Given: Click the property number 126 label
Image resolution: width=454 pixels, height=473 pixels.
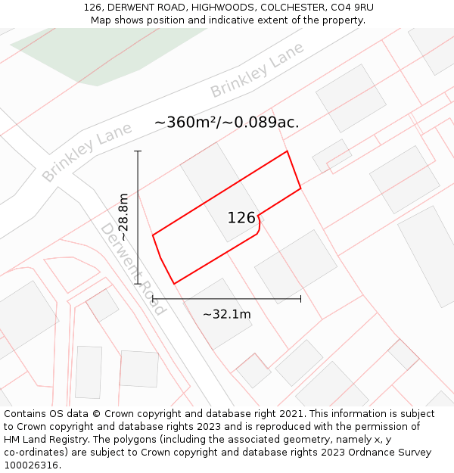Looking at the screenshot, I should pyautogui.click(x=241, y=218).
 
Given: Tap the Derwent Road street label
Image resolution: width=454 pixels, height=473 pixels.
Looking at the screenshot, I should pyautogui.click(x=132, y=269).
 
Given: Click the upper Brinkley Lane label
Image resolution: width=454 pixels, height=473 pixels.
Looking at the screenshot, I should pyautogui.click(x=257, y=70).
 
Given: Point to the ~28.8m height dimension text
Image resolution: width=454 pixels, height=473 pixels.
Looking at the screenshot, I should pyautogui.click(x=123, y=217).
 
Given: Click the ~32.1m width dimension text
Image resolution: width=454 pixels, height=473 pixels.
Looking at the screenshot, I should pyautogui.click(x=226, y=314).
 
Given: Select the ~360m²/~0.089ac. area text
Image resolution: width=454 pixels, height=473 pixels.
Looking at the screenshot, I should pyautogui.click(x=226, y=122).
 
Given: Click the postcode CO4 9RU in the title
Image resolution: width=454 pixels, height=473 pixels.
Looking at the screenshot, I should pyautogui.click(x=351, y=8).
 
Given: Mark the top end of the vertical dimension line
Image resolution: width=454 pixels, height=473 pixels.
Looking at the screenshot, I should pyautogui.click(x=138, y=151).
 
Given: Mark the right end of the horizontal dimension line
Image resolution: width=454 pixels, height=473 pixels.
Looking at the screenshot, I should pyautogui.click(x=300, y=299).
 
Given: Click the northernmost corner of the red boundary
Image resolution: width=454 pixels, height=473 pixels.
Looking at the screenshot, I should pyautogui.click(x=287, y=151).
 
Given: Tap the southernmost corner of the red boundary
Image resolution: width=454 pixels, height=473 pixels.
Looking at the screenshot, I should pyautogui.click(x=174, y=284).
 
